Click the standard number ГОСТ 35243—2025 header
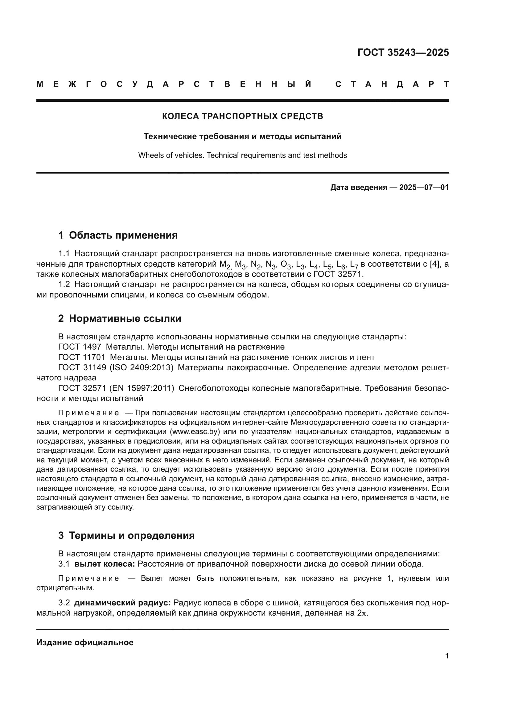pyautogui.click(x=403, y=52)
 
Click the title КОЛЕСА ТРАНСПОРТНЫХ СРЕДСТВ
pyautogui.click(x=242, y=117)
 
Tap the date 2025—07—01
pyautogui.click(x=424, y=188)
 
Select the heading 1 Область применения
pyautogui.click(x=118, y=235)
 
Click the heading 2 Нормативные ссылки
pyautogui.click(x=120, y=319)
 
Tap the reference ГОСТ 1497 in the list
pyautogui.click(x=80, y=347)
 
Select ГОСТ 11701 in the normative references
pyautogui.click(x=82, y=357)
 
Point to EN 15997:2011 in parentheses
pyautogui.click(x=142, y=388)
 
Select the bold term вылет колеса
pyautogui.click(x=105, y=564)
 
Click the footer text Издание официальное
pyautogui.click(x=85, y=642)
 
